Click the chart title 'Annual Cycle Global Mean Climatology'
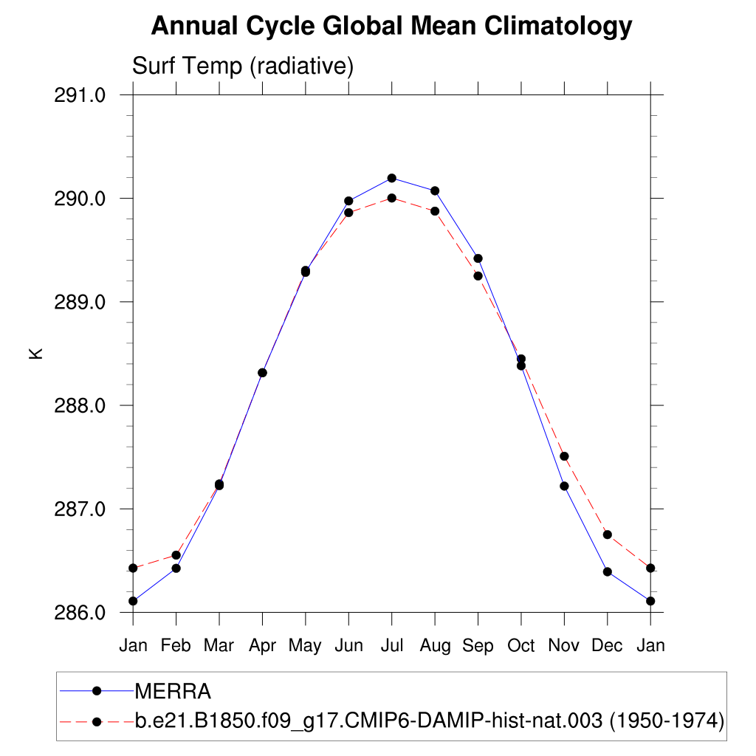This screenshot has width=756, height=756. click(x=391, y=27)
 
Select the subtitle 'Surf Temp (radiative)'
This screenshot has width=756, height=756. click(x=243, y=66)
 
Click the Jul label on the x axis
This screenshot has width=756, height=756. click(x=391, y=645)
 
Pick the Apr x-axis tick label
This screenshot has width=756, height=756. click(x=262, y=645)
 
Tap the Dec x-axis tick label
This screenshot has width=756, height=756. click(x=607, y=645)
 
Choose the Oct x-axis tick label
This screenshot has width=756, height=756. click(x=520, y=645)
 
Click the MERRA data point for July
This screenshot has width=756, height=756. click(x=391, y=178)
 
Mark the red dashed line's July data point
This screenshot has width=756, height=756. click(x=391, y=198)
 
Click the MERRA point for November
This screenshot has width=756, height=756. click(x=564, y=486)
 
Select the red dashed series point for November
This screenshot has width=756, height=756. click(x=564, y=456)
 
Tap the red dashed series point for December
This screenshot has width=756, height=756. click(x=607, y=535)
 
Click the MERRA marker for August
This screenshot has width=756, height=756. click(x=435, y=190)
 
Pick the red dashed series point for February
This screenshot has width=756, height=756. click(x=176, y=555)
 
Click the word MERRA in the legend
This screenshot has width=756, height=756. click(x=173, y=692)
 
